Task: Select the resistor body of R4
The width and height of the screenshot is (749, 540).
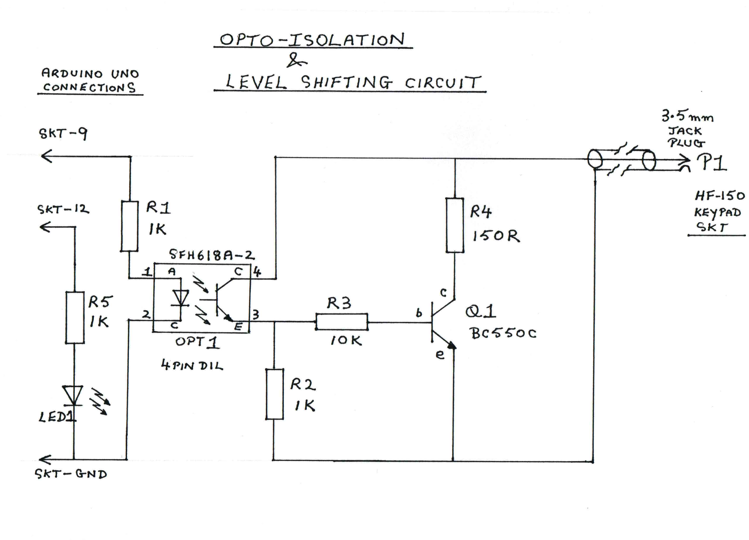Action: (x=455, y=225)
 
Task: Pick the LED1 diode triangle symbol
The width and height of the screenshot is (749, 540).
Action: (x=73, y=395)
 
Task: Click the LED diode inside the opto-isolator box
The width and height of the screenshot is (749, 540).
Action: (x=181, y=298)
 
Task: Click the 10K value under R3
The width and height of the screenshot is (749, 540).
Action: (x=346, y=340)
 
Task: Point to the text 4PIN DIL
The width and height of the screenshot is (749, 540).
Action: (x=192, y=365)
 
